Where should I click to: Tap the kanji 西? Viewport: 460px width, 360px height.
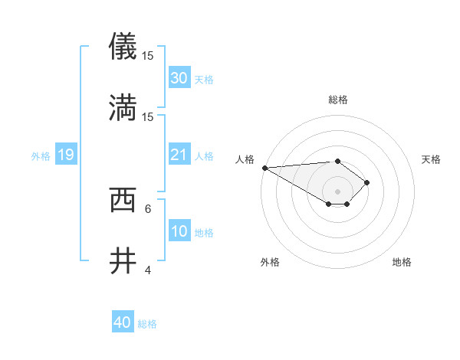123,200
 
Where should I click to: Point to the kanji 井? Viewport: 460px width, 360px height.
123,261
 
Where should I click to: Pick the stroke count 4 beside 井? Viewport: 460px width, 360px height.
148,270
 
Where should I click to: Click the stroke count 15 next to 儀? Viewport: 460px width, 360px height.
148,56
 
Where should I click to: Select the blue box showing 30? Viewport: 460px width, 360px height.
179,78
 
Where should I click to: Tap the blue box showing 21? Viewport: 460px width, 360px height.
179,155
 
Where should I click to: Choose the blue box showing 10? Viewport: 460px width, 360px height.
179,231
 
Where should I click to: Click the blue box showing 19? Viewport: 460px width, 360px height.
65,155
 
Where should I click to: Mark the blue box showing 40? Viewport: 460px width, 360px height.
123,322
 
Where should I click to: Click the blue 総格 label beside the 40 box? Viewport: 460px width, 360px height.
148,324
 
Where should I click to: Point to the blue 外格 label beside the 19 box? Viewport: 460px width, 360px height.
41,155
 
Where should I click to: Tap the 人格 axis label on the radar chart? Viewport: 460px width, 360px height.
246,159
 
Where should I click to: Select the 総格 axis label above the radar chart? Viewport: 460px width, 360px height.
338,100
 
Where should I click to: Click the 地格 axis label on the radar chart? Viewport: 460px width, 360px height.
402,262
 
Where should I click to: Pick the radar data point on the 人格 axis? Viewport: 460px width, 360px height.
264,168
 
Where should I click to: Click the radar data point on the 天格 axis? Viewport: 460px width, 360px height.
367,182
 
